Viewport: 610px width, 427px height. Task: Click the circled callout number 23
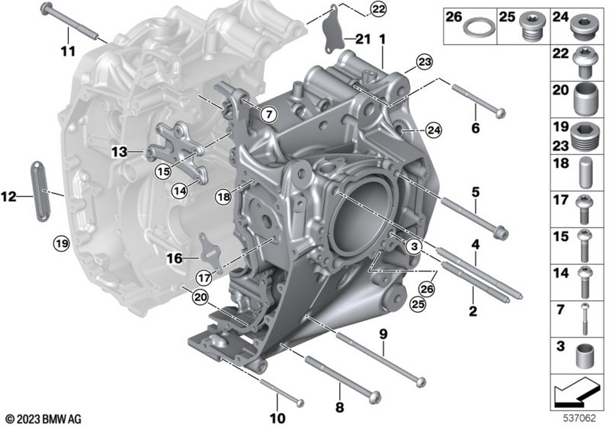tap(425, 62)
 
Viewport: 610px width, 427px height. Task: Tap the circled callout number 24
tap(434, 131)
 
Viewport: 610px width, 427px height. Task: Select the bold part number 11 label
tap(68, 51)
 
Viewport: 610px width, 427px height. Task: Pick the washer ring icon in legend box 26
tap(480, 29)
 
